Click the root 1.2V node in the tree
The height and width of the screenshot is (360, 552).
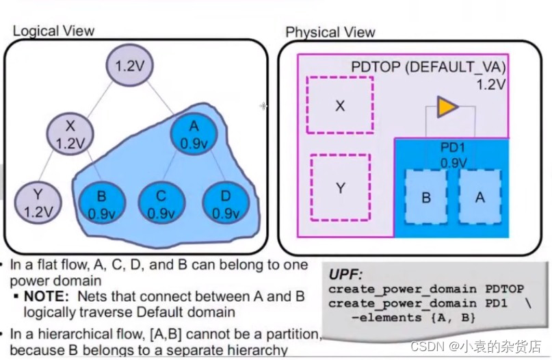[127, 67]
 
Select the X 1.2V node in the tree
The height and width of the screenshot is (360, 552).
[68, 135]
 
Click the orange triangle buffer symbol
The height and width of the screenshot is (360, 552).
[447, 107]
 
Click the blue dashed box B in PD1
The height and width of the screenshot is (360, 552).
[425, 197]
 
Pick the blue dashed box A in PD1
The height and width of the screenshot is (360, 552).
[479, 197]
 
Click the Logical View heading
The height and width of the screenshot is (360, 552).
[53, 30]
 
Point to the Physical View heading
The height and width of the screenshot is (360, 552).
[330, 32]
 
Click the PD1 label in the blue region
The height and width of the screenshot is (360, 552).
[453, 147]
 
